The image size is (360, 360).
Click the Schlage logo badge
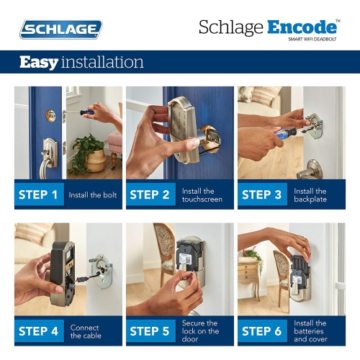click(x=60, y=30)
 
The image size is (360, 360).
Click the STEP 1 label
click(x=39, y=194)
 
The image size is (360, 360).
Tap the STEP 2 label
click(x=150, y=194)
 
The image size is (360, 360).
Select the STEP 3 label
click(x=262, y=194)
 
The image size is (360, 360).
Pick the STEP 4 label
click(x=39, y=331)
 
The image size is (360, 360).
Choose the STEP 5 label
click(x=150, y=331)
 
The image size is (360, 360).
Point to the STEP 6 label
click(x=262, y=331)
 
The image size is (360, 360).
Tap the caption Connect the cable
click(x=85, y=331)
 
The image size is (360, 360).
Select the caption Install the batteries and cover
click(x=310, y=331)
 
